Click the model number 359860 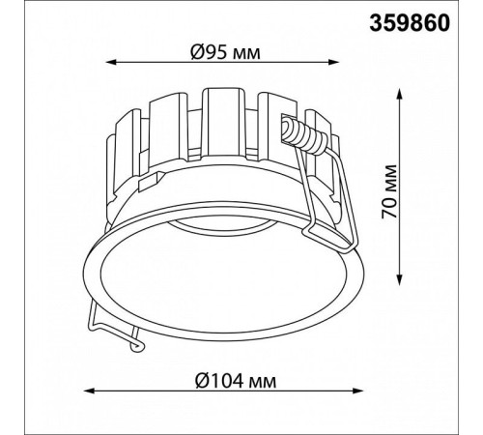(410, 23)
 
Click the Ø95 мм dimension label (225, 52)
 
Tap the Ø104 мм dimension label (236, 381)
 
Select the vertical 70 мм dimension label (388, 191)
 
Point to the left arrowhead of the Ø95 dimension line (111, 62)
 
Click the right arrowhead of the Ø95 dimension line (334, 62)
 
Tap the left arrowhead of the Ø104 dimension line (89, 391)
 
